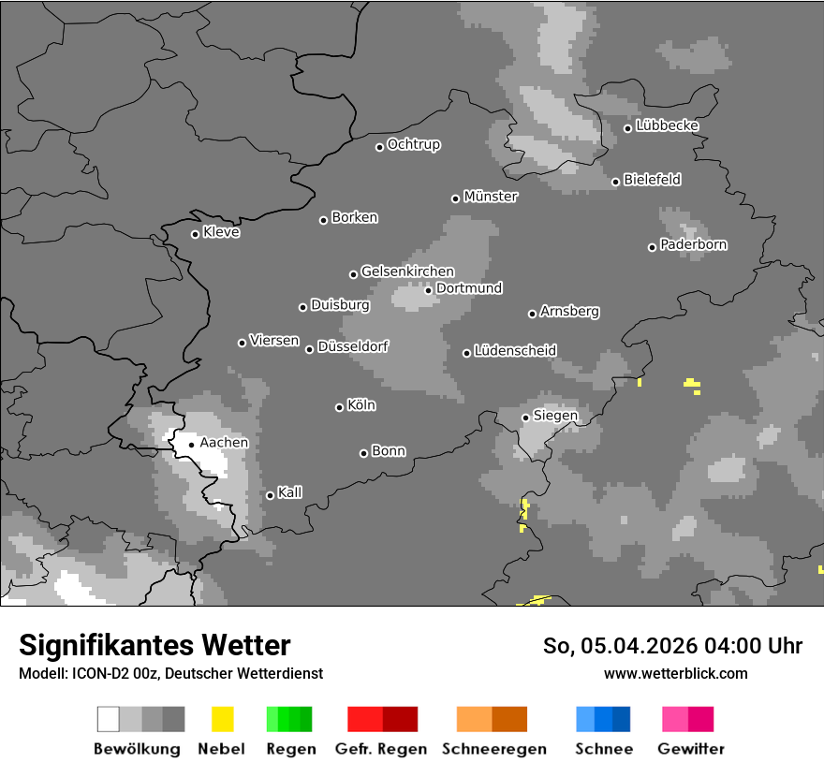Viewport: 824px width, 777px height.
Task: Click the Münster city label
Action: pos(491,197)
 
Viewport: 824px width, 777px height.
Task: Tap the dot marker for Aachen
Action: pos(191,445)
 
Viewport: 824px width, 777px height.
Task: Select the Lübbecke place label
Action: pos(667,125)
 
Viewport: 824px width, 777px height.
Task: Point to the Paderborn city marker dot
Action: pos(652,247)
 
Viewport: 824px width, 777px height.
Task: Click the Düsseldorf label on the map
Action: pos(353,346)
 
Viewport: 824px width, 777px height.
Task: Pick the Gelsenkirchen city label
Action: pos(407,271)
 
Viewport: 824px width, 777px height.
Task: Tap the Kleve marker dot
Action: pos(195,234)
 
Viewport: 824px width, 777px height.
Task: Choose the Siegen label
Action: pos(555,416)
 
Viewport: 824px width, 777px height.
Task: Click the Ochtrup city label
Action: pos(414,144)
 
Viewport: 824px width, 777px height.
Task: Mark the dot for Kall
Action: pos(270,495)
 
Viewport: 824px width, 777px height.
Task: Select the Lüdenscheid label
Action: pos(515,350)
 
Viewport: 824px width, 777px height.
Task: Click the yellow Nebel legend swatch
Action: pos(222,719)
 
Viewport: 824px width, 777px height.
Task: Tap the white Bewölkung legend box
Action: pos(109,719)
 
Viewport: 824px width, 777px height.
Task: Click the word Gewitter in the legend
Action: pos(690,749)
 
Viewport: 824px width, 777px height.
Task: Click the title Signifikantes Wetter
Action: pos(154,645)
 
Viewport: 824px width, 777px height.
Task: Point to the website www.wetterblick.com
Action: pos(675,673)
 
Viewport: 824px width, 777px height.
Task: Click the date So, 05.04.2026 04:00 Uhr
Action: pos(672,646)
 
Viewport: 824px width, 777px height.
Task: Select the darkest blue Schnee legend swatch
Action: pos(621,719)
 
